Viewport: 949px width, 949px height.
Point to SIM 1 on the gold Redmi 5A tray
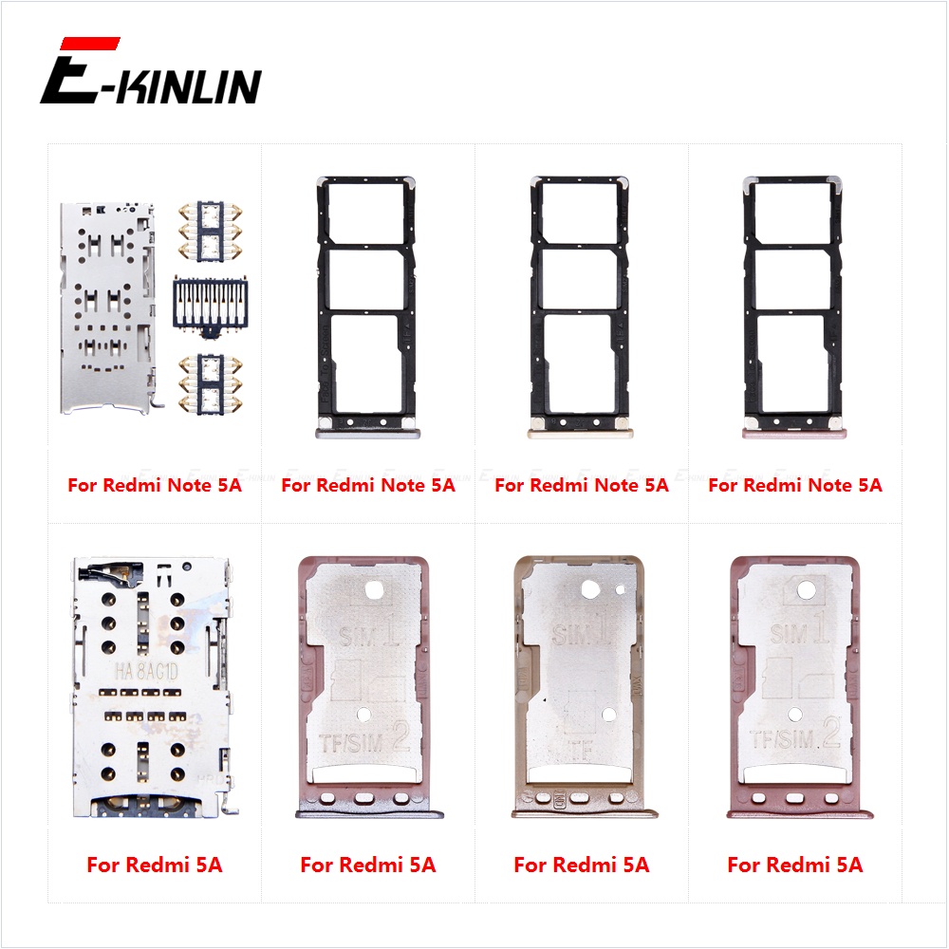click(581, 631)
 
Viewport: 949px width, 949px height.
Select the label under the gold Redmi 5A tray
click(581, 865)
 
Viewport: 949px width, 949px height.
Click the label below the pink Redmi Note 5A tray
click(795, 485)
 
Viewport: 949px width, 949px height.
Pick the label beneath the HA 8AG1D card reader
click(154, 865)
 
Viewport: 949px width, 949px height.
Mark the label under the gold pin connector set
click(155, 485)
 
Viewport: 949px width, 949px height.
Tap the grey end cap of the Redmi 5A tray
click(367, 812)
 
